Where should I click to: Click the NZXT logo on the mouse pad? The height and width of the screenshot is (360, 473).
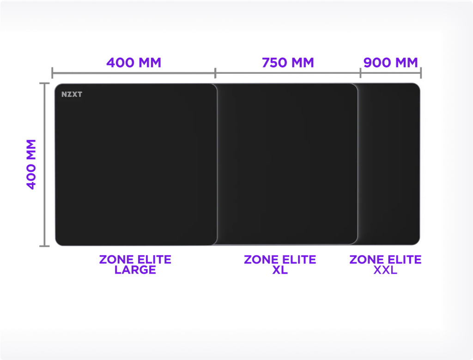(72, 94)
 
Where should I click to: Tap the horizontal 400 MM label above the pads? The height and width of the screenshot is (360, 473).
(134, 62)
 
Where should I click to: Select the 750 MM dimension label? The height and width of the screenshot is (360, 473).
(288, 62)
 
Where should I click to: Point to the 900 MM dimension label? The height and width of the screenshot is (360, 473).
(391, 62)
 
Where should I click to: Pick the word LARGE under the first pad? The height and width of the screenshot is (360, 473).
(135, 270)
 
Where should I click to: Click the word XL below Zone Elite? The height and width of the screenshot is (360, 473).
(279, 270)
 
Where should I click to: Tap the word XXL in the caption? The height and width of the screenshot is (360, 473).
(385, 270)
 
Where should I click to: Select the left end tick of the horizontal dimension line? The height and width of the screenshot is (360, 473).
(53, 72)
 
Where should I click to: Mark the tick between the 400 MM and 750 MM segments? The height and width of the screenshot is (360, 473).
(215, 72)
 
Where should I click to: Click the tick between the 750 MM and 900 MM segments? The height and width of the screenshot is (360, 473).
(360, 72)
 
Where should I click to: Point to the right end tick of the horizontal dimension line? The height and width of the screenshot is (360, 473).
(421, 72)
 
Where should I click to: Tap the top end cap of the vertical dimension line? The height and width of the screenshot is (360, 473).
(44, 83)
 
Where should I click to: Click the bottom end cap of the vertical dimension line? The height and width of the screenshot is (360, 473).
(44, 246)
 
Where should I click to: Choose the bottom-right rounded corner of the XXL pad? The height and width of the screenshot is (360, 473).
(416, 241)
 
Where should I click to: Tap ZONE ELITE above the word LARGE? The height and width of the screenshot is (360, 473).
(135, 259)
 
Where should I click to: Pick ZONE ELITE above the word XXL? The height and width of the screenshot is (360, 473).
(385, 259)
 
